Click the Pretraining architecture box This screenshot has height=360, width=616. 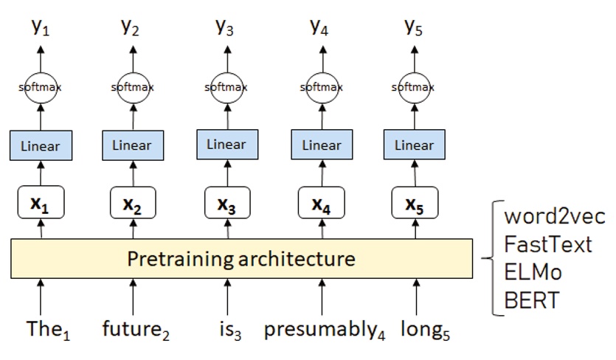click(241, 259)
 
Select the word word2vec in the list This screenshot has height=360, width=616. click(554, 217)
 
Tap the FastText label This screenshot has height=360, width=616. click(548, 244)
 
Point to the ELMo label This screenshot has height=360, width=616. click(533, 272)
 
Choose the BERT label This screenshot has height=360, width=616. click(531, 300)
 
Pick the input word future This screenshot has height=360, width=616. click(136, 328)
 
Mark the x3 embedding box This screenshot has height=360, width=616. click(226, 203)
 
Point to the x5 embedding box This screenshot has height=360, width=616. click(414, 203)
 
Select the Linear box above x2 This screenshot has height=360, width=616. click(132, 146)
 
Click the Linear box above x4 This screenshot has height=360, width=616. click(321, 145)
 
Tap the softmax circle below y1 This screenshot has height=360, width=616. click(40, 87)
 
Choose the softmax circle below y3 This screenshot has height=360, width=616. click(226, 87)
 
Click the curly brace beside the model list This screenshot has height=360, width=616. click(491, 258)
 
